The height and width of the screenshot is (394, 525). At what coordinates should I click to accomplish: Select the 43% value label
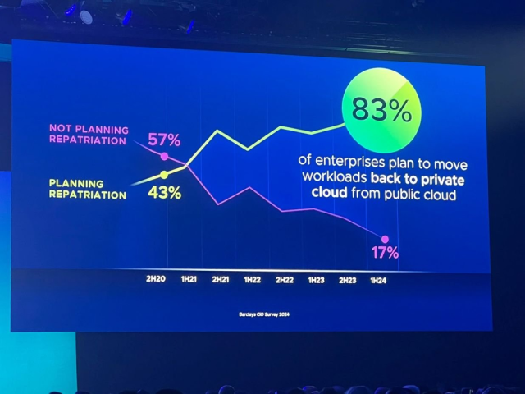pyautogui.click(x=164, y=194)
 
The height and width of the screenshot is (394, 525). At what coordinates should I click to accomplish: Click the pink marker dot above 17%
pyautogui.click(x=384, y=239)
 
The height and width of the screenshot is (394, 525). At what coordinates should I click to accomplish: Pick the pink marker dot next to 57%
pyautogui.click(x=165, y=156)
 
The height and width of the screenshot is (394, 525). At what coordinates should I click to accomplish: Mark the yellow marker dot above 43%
pyautogui.click(x=164, y=174)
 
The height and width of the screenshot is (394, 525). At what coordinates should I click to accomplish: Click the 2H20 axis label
pyautogui.click(x=156, y=280)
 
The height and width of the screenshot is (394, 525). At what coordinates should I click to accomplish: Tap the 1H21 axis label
pyautogui.click(x=188, y=280)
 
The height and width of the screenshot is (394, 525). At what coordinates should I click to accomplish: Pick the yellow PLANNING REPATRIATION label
pyautogui.click(x=88, y=190)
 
